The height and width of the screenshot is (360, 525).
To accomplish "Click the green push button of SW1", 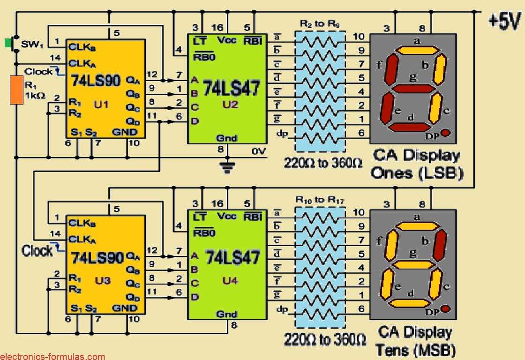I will click(x=8, y=43).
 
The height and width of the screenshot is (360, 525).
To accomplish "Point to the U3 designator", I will click(x=103, y=280).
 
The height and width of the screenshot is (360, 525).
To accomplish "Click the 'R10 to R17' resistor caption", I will click(x=320, y=200).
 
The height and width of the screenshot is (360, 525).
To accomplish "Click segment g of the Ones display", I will click(x=412, y=88).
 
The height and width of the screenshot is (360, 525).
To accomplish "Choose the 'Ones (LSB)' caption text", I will click(x=417, y=173).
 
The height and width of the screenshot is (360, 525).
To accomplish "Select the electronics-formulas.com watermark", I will click(x=52, y=356).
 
